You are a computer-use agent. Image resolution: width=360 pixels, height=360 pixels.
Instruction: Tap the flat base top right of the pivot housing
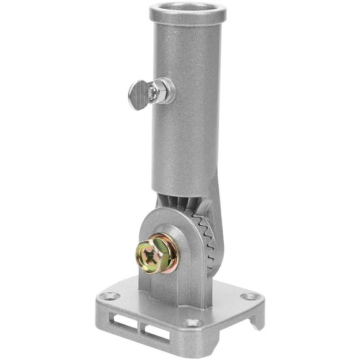(x=228, y=294)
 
